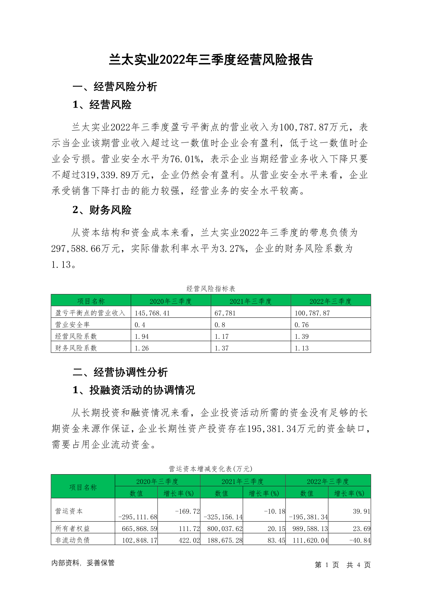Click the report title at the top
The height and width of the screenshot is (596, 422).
pyautogui.click(x=211, y=60)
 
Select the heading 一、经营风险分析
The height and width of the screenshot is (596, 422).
pyautogui.click(x=115, y=87)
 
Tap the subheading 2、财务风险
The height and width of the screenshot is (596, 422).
pyautogui.click(x=102, y=210)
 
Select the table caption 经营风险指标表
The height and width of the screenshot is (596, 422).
pyautogui.click(x=211, y=289)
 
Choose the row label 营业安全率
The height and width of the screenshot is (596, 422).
pyautogui.click(x=73, y=325)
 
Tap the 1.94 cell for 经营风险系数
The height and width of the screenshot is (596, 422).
pyautogui.click(x=142, y=336)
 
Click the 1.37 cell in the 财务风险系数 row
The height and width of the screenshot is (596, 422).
pyautogui.click(x=222, y=348)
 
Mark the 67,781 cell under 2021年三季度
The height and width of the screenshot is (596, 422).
pyautogui.click(x=225, y=313)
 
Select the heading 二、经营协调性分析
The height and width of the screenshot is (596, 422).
pyautogui.click(x=120, y=372)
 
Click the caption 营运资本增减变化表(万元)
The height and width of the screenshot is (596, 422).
pyautogui.click(x=211, y=469)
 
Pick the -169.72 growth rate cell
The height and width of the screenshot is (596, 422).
pyautogui.click(x=187, y=511)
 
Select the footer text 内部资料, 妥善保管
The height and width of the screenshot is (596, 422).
pyautogui.click(x=83, y=563)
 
